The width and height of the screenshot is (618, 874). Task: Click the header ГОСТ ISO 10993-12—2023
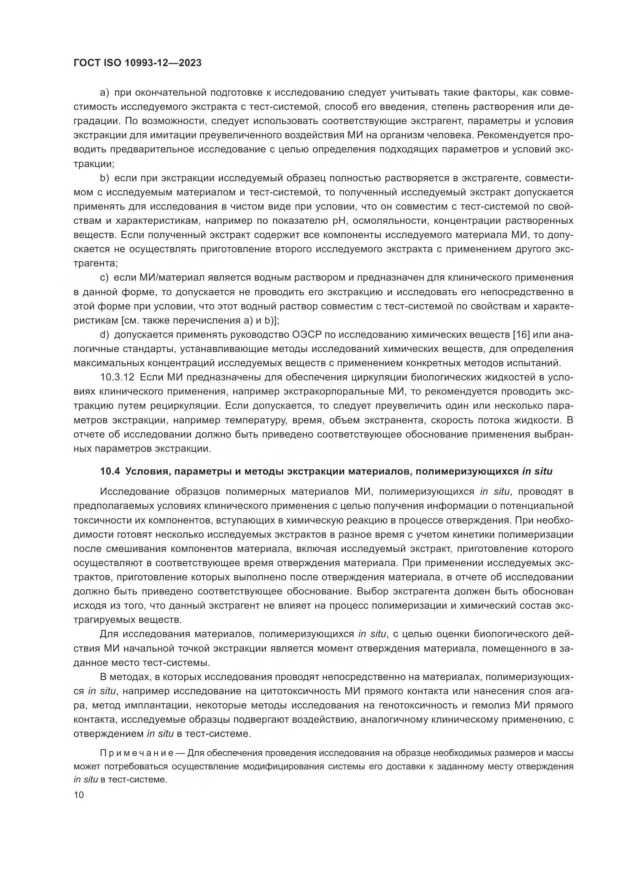pos(137,63)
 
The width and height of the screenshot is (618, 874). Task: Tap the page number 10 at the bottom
pos(78,795)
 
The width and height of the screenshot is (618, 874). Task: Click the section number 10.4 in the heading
pos(110,472)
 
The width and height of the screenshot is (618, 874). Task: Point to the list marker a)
pos(105,93)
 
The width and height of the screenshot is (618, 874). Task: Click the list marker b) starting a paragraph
pos(105,178)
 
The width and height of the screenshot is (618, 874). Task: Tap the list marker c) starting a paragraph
pos(105,278)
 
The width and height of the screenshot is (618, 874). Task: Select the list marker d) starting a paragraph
pos(105,334)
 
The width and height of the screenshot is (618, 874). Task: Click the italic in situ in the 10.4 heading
pos(537,472)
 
